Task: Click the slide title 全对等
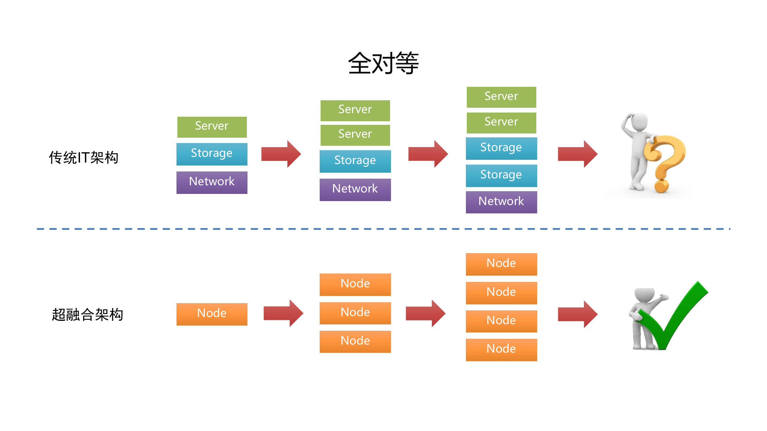coord(383,63)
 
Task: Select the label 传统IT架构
coord(84,157)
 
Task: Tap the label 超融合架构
coord(87,315)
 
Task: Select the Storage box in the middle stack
coord(355,161)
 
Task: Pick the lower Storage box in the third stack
coord(501,175)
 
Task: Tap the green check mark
coord(674,317)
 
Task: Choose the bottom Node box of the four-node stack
coord(501,350)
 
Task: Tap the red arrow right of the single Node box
coord(283,313)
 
